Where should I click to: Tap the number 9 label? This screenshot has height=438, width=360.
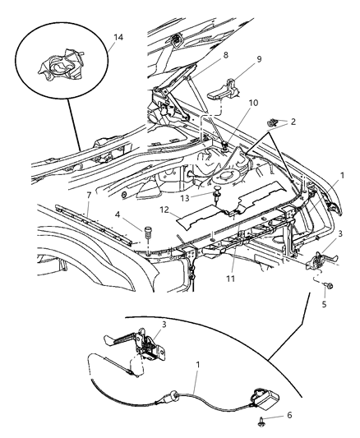[236, 60]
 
